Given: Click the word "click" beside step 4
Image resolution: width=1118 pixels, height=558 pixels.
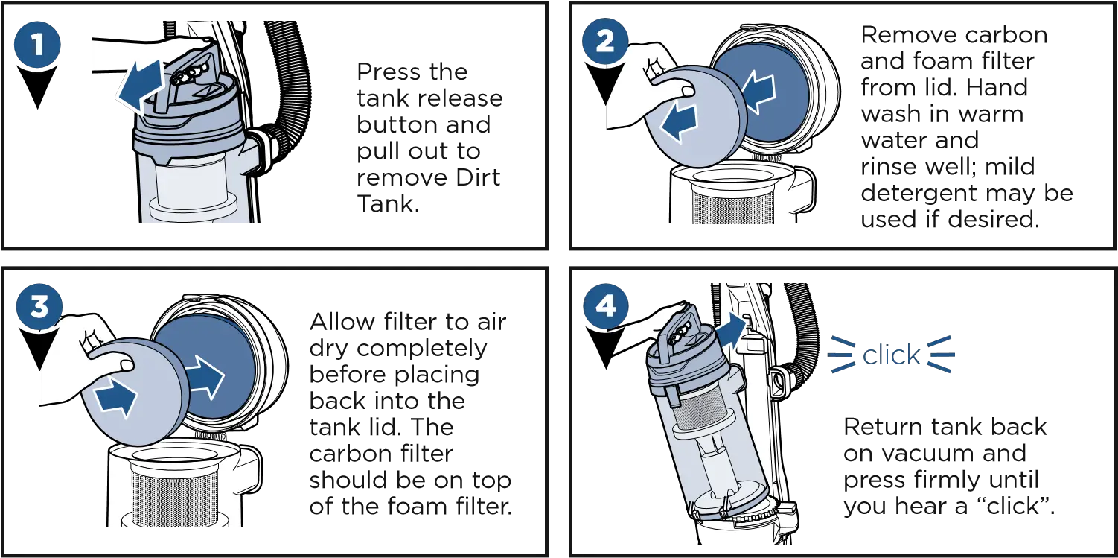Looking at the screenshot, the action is (891, 356).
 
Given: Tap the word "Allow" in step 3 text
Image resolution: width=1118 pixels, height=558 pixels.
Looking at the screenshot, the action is (337, 323).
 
